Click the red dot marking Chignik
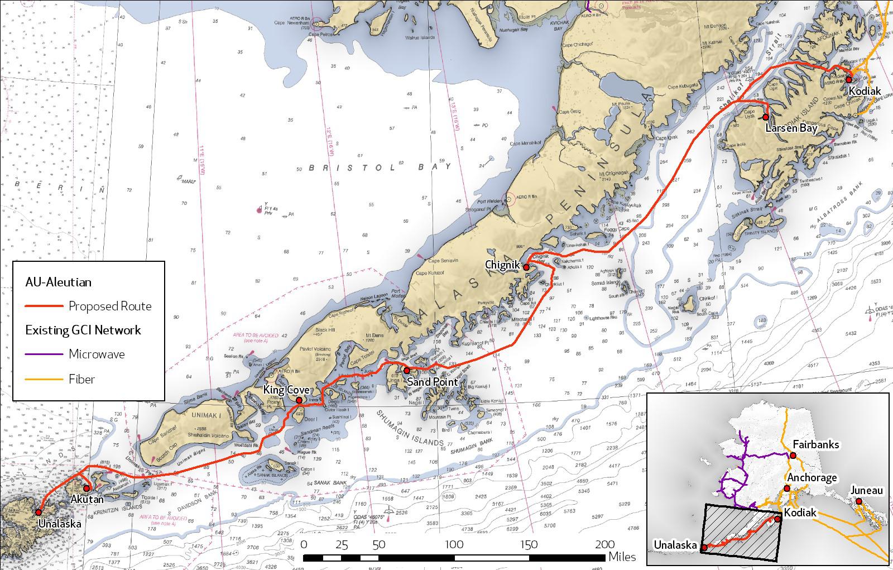click(x=526, y=267)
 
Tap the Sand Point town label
click(x=432, y=382)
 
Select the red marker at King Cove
click(x=299, y=400)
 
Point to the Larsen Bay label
click(x=791, y=128)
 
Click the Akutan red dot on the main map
click(x=87, y=488)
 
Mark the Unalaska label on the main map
click(x=59, y=524)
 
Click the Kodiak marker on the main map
click(x=849, y=79)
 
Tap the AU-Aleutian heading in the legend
click(x=58, y=282)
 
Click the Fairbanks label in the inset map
click(x=815, y=445)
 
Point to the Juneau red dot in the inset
click(x=858, y=501)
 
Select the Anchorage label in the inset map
click(x=812, y=478)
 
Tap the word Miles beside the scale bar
click(x=622, y=557)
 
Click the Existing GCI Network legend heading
click(x=83, y=330)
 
